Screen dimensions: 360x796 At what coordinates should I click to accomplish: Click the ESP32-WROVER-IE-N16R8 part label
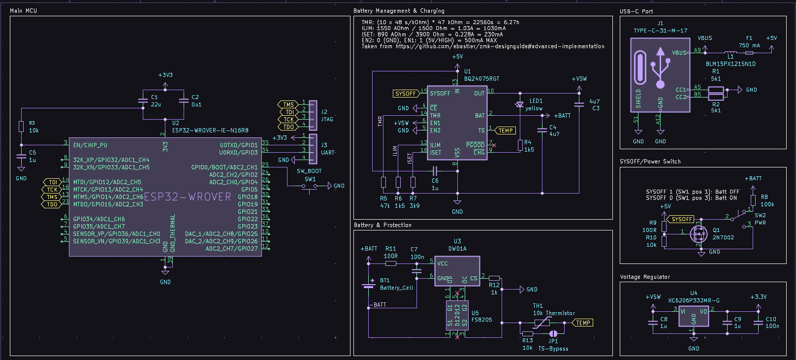click(210, 131)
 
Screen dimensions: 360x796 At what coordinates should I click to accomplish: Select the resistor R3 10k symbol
click(21, 127)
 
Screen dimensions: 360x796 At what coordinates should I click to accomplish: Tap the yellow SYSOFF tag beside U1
click(406, 94)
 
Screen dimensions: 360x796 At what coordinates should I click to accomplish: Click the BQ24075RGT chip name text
click(481, 79)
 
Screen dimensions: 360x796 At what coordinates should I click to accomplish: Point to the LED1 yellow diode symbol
click(520, 104)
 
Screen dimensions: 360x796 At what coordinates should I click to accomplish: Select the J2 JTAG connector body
click(313, 115)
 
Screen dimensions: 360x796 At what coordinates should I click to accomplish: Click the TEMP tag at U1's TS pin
click(505, 131)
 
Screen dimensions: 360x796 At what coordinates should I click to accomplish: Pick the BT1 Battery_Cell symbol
click(369, 285)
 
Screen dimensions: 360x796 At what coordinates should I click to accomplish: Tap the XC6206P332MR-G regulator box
click(694, 316)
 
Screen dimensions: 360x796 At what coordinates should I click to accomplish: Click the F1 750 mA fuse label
click(749, 42)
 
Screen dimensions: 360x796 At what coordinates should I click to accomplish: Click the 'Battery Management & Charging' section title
click(399, 11)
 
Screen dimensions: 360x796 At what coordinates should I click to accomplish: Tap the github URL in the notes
click(500, 46)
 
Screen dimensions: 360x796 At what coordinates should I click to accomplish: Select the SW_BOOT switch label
click(309, 171)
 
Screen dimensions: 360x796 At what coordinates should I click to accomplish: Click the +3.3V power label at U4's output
click(758, 297)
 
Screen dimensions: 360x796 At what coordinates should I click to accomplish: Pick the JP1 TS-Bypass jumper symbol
click(553, 333)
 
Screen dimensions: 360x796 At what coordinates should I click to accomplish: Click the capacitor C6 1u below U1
click(435, 171)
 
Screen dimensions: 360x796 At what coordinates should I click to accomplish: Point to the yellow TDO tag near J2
click(288, 127)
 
